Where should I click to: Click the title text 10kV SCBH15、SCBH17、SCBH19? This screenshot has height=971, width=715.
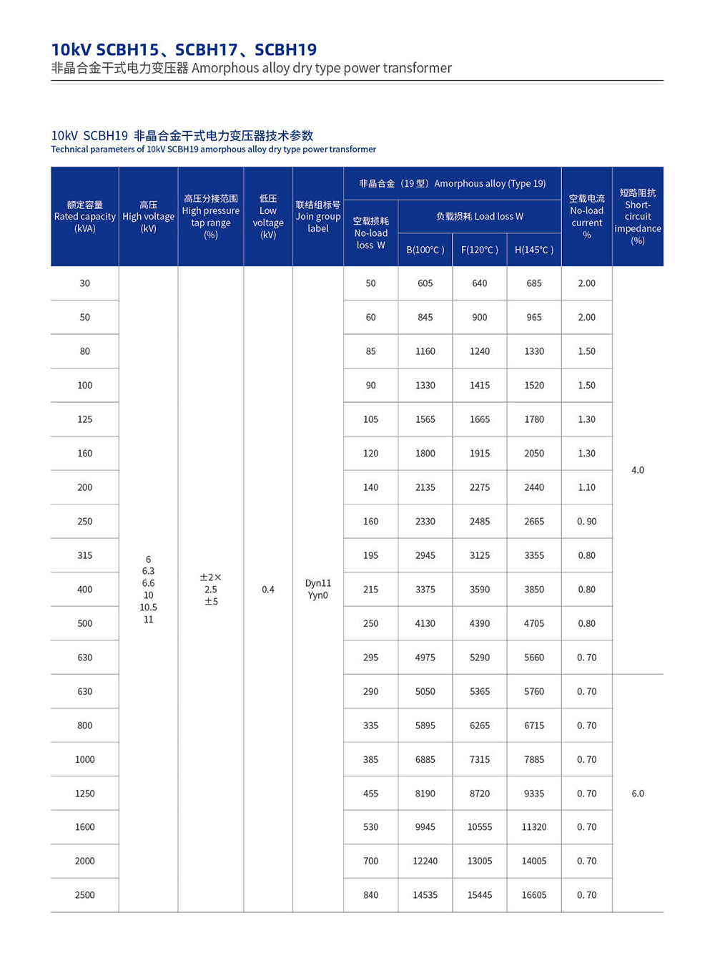click(x=184, y=49)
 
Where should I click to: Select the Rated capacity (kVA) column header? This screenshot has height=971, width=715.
click(x=84, y=216)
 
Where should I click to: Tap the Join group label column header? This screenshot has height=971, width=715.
click(x=318, y=216)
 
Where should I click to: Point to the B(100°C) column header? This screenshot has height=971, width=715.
click(x=425, y=250)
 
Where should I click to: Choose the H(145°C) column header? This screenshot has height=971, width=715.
click(x=534, y=250)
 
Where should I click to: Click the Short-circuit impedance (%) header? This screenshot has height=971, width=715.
click(x=638, y=216)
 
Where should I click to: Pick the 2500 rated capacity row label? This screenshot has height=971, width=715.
click(x=84, y=894)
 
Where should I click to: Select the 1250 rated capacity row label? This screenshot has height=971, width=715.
click(x=84, y=793)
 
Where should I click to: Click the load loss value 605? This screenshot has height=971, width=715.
click(x=425, y=283)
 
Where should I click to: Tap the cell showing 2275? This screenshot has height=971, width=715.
click(x=480, y=487)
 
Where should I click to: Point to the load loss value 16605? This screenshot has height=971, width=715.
click(x=534, y=894)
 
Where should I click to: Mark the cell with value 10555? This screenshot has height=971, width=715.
click(x=480, y=826)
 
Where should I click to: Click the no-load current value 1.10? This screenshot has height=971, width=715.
click(x=586, y=487)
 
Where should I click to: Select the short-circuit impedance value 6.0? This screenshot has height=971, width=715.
click(x=638, y=793)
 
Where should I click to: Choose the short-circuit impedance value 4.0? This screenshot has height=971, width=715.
click(x=638, y=470)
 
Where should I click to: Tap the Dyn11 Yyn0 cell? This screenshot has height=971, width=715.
click(x=318, y=589)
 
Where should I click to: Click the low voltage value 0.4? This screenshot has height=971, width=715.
click(x=268, y=589)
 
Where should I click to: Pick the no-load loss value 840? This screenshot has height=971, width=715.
click(x=370, y=894)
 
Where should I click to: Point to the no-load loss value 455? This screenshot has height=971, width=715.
click(x=370, y=793)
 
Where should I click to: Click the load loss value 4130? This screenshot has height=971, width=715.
click(x=425, y=623)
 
